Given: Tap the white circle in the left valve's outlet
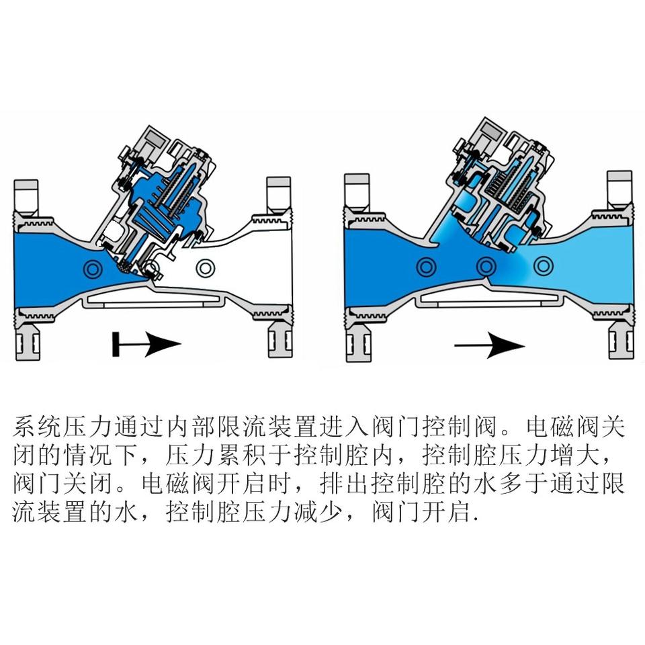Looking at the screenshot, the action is pyautogui.click(x=205, y=268).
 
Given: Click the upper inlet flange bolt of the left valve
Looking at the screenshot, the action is pyautogui.click(x=26, y=194).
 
